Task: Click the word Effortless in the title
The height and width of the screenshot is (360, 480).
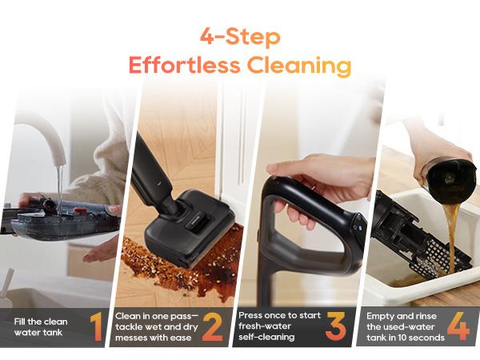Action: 174,65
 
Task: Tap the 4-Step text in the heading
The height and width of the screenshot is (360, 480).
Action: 240,37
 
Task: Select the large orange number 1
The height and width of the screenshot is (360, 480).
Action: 96,327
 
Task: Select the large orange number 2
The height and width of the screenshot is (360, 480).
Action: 212,327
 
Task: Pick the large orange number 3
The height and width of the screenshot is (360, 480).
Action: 335,327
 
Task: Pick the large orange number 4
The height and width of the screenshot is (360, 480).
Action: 458,327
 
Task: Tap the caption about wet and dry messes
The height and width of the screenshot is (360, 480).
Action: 156,327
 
